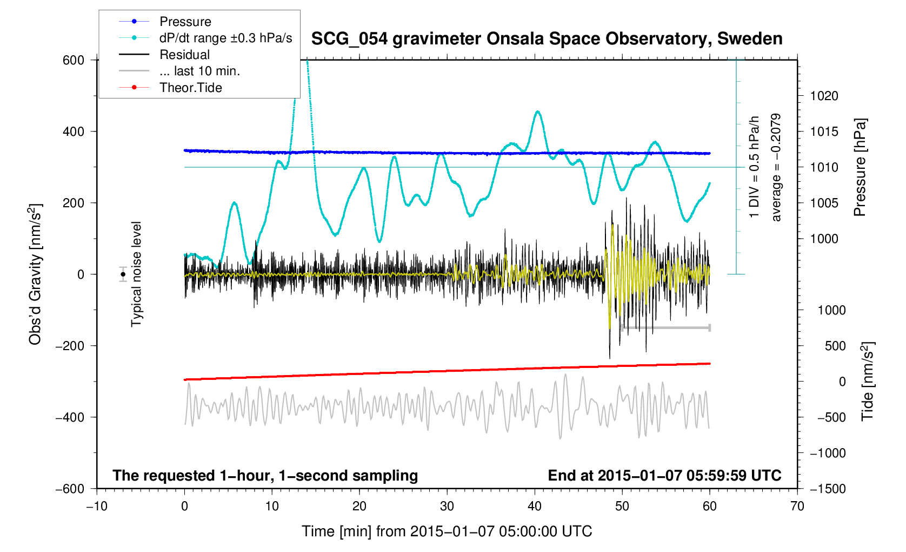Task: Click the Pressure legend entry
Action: (x=185, y=22)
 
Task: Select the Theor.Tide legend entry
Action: (x=190, y=88)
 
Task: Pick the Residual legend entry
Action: (x=184, y=55)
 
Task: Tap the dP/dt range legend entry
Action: (x=225, y=38)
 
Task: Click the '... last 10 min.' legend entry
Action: (x=199, y=71)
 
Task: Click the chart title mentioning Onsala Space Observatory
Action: (x=547, y=38)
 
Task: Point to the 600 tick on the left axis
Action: (x=74, y=60)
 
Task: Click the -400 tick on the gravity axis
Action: (x=70, y=417)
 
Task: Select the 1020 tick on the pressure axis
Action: (x=824, y=96)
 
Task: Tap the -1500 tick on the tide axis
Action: (x=827, y=489)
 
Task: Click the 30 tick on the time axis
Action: (x=447, y=507)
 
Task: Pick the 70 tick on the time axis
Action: (x=797, y=507)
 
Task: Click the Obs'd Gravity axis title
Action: (x=35, y=274)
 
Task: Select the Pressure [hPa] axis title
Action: (x=860, y=168)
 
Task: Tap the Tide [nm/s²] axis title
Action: (x=867, y=382)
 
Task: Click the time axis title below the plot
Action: (x=447, y=531)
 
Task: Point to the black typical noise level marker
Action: (x=123, y=274)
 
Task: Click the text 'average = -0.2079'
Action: (x=776, y=167)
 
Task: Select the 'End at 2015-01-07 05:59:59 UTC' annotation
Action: (x=664, y=476)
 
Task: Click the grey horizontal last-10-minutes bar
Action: (x=665, y=327)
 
